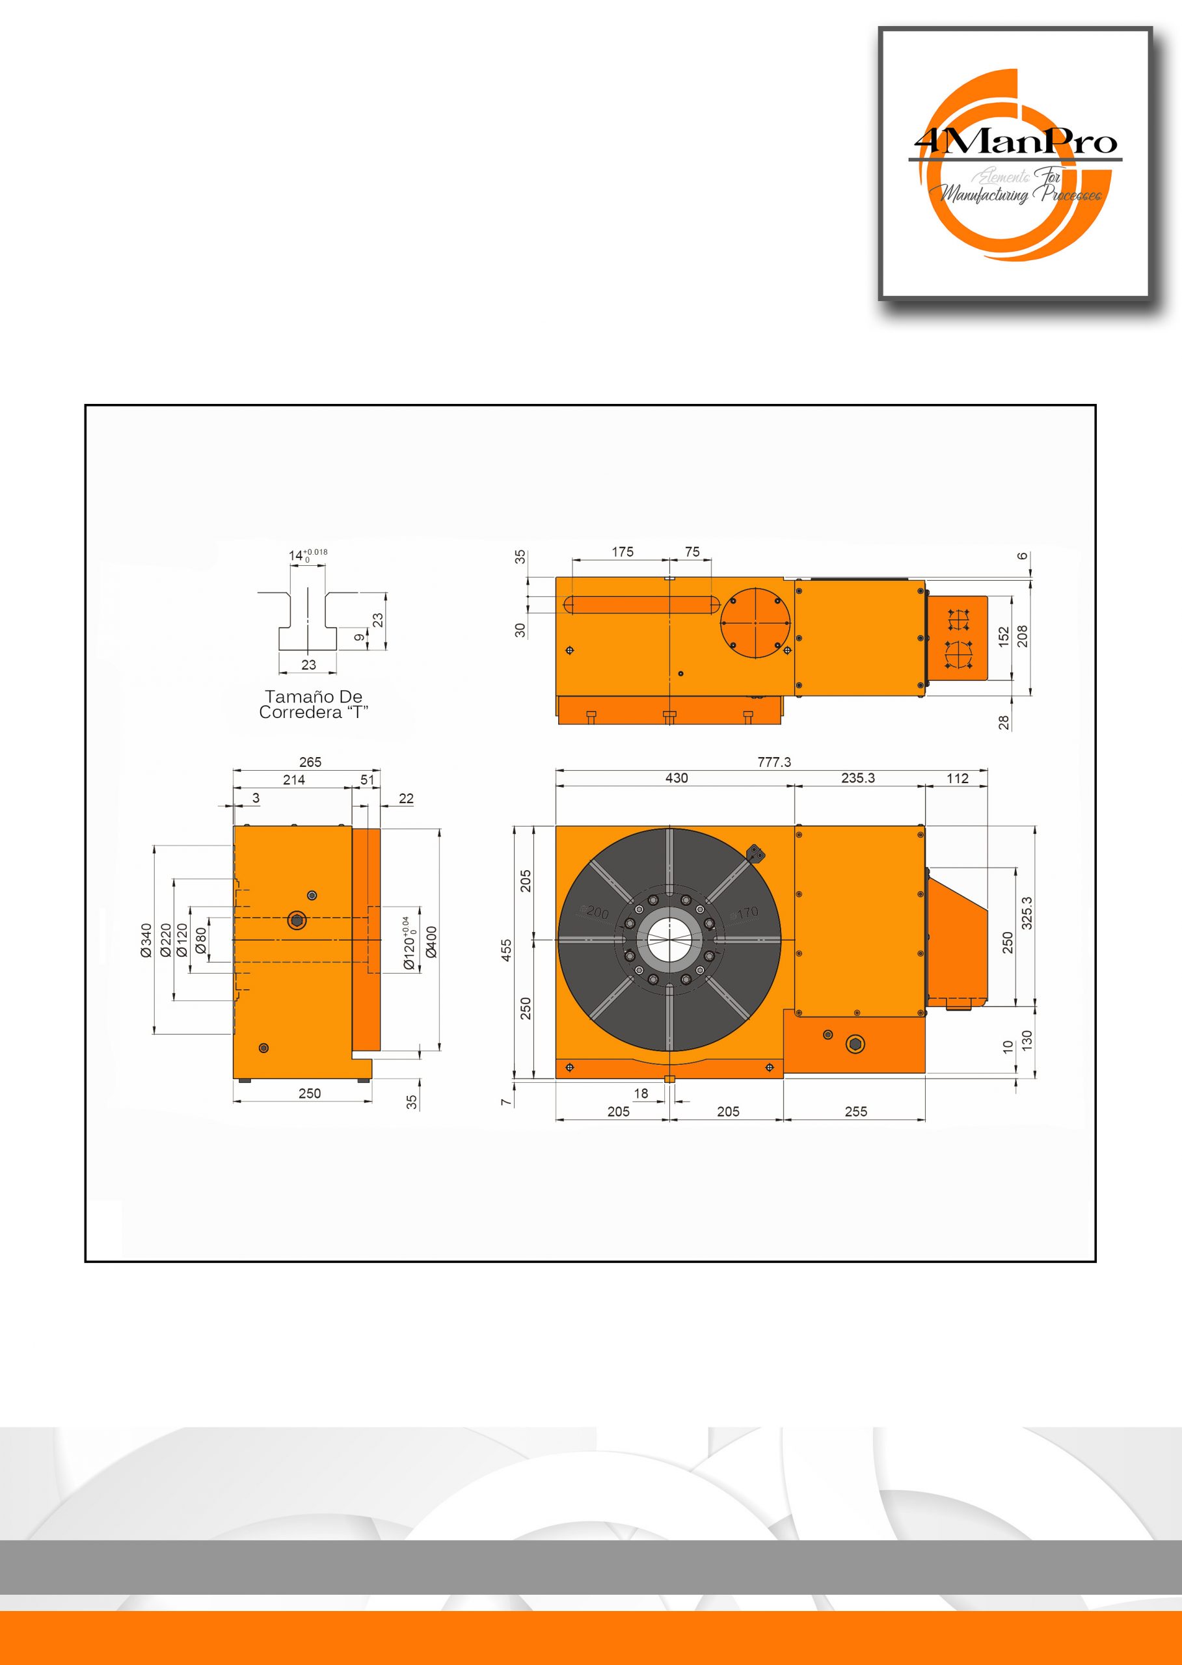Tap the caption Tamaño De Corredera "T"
pos(313,704)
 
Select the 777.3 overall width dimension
pos(773,762)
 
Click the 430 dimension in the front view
pos(676,778)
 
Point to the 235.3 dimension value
pos(857,778)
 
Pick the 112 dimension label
pos(957,779)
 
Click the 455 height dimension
pos(507,950)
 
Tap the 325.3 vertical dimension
pos(1027,913)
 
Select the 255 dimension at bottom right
pos(856,1112)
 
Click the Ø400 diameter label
pos(431,942)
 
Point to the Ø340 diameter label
pos(146,940)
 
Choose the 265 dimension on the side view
pos(310,762)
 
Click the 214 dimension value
pos(294,779)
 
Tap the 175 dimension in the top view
pos(623,552)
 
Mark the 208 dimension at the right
pos(1023,636)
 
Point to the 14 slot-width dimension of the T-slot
pos(295,555)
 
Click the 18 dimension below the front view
pos(641,1093)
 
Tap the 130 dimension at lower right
pos(1027,1039)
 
